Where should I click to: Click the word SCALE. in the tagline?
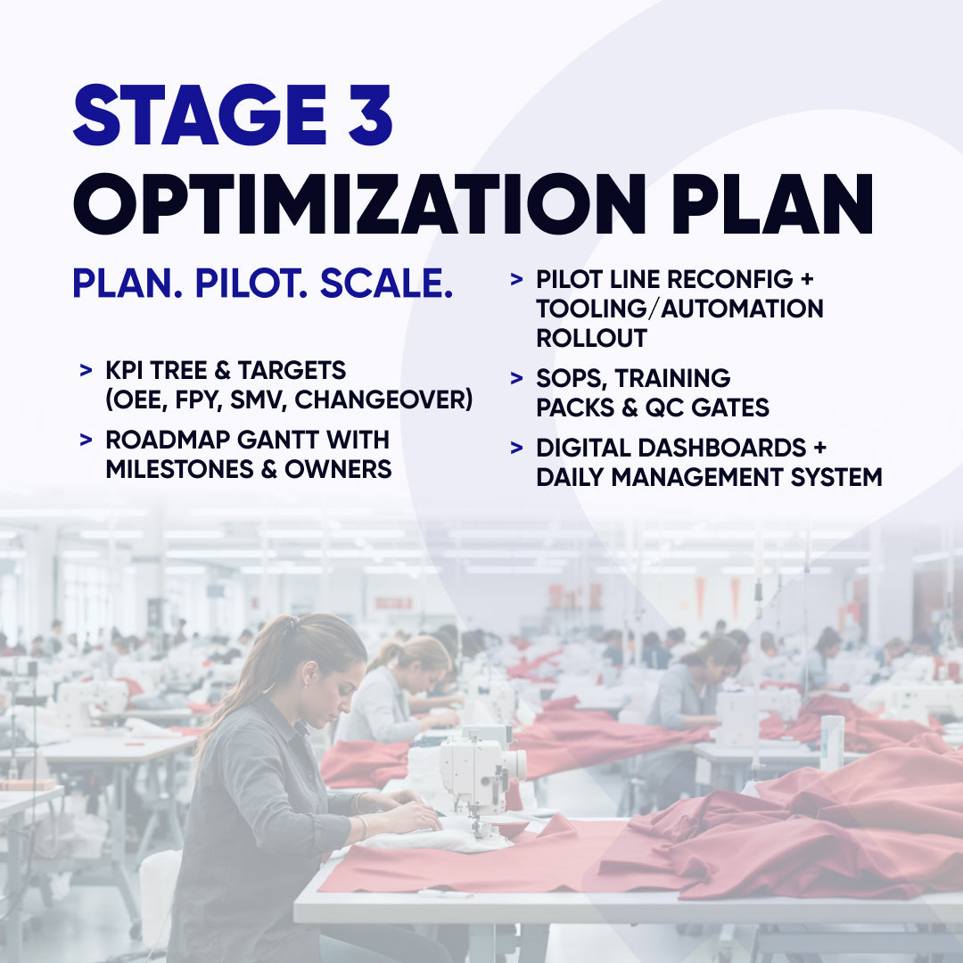386,284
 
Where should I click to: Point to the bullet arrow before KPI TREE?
86,370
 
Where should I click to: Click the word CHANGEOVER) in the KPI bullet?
383,399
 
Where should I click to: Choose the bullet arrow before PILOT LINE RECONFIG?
516,279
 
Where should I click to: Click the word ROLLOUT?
591,338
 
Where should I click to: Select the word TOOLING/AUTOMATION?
679,309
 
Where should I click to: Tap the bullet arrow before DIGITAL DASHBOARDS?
516,448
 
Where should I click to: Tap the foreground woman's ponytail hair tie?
290,624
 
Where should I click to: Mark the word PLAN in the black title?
773,203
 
